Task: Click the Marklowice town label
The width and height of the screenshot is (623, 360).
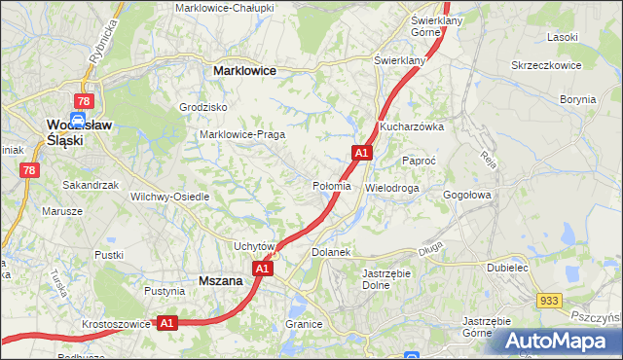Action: point(244,71)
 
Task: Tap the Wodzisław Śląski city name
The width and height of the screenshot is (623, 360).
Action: point(65,131)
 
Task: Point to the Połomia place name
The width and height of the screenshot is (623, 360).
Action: point(332,186)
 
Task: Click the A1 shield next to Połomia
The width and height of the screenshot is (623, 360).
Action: point(361,153)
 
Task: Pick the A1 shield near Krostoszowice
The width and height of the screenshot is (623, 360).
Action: point(166,323)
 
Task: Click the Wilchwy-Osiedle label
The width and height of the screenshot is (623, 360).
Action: point(169,196)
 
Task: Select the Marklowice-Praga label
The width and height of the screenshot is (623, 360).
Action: point(241,134)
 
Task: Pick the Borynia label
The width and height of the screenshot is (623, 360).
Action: point(577,99)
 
